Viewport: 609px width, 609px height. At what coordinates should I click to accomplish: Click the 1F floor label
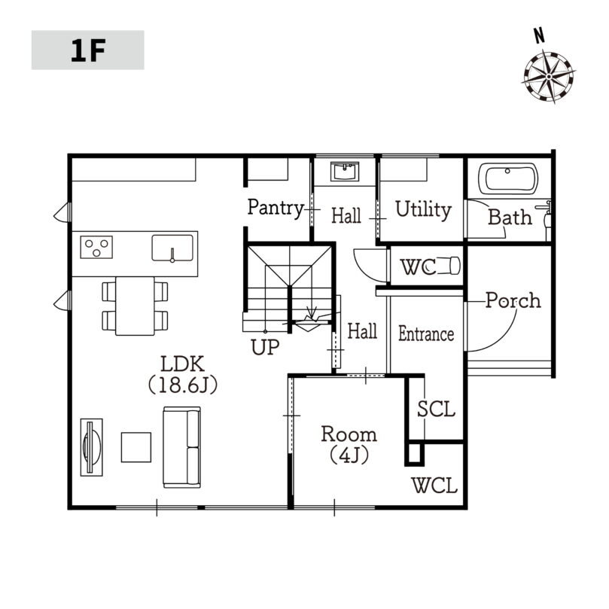point(88,50)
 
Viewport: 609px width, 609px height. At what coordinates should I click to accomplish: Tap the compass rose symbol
point(549,77)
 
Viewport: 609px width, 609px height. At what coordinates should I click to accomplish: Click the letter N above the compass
point(539,35)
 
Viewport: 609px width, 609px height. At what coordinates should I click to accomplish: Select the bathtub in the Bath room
point(508,178)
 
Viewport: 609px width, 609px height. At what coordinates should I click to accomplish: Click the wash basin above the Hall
point(345,172)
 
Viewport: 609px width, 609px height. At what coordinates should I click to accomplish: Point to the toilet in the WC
point(449,266)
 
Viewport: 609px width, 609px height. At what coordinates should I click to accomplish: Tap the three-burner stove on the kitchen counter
point(96,247)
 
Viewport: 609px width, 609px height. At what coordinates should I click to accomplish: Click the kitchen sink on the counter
point(172,248)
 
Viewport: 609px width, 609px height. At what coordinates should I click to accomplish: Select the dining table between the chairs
point(135,306)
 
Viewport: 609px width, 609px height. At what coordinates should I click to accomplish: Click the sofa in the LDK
point(181,447)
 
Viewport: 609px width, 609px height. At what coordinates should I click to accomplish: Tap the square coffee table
point(136,447)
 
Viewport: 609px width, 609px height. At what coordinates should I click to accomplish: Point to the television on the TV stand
point(91,447)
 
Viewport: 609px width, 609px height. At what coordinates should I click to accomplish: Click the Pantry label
point(276,209)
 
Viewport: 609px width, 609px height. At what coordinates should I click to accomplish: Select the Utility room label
point(423,209)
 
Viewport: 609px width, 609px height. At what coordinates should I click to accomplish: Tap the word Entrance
point(426,334)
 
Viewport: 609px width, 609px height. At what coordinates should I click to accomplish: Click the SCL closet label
point(436,409)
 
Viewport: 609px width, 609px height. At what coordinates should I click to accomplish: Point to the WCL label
point(434,486)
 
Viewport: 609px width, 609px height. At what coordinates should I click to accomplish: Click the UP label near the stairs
point(265,347)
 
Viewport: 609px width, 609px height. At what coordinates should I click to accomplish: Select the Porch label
point(513,300)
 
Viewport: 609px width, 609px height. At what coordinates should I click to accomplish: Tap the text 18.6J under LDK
point(183,385)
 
